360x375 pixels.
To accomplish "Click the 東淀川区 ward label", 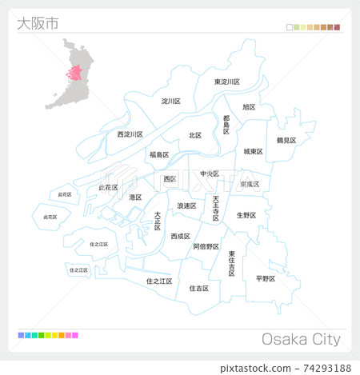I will tap(226, 82).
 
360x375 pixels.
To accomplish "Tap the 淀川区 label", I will tap(171, 102).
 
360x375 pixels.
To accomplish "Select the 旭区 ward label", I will tap(249, 106).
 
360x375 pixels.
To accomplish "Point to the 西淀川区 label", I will tap(130, 134).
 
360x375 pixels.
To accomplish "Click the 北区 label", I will tap(195, 135).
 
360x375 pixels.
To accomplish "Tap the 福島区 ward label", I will tap(158, 154).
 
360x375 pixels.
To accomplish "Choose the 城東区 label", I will tap(254, 151).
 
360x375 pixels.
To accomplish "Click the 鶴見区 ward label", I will tap(286, 140).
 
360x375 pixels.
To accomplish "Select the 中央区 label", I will tap(210, 174).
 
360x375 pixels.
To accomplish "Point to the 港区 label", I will tap(135, 197).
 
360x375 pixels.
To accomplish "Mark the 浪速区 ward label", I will tap(186, 205).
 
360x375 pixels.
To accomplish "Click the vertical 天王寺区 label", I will tap(215, 207).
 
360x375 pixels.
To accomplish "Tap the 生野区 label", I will tap(246, 215).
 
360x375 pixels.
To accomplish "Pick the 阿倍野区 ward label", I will tap(206, 247).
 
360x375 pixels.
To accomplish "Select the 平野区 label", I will tap(266, 278).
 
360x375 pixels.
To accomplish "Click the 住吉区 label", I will tap(198, 288).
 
